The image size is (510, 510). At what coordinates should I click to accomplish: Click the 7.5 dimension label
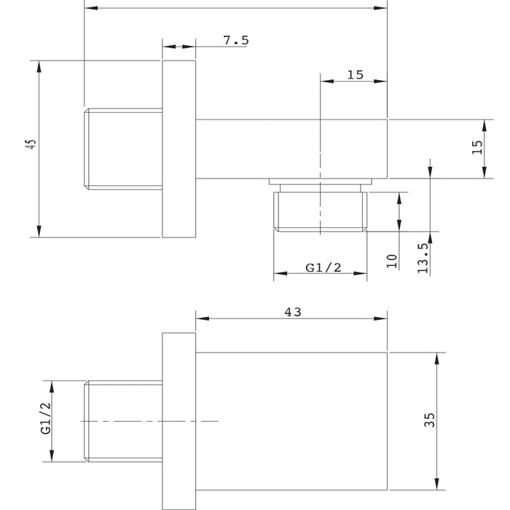pyautogui.click(x=236, y=40)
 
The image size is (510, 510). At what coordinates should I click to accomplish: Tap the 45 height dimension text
pyautogui.click(x=31, y=144)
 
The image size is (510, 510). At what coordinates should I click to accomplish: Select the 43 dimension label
pyautogui.click(x=293, y=313)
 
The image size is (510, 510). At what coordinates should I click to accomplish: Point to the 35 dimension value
pyautogui.click(x=429, y=420)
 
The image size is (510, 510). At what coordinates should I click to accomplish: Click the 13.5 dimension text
pyautogui.click(x=423, y=259)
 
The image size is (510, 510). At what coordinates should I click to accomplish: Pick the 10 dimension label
pyautogui.click(x=392, y=261)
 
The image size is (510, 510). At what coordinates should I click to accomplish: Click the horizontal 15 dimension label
pyautogui.click(x=356, y=75)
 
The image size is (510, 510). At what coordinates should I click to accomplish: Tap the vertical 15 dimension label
pyautogui.click(x=477, y=147)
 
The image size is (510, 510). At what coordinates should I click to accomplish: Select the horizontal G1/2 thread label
pyautogui.click(x=323, y=267)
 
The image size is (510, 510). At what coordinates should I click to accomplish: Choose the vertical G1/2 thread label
pyautogui.click(x=46, y=418)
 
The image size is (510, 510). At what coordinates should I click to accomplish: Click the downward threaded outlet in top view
pyautogui.click(x=321, y=211)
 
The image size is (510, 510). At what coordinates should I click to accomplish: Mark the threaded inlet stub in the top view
pyautogui.click(x=123, y=149)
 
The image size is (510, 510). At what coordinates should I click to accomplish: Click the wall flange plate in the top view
pyautogui.click(x=179, y=149)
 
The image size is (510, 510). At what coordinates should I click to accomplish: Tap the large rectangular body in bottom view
pyautogui.click(x=291, y=421)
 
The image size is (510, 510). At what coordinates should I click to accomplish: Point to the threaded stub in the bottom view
pyautogui.click(x=123, y=421)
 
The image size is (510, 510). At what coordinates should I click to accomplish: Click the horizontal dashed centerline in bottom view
pyautogui.click(x=149, y=422)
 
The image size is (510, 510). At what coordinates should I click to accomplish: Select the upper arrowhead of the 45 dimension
pyautogui.click(x=39, y=67)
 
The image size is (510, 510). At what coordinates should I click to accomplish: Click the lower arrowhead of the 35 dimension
pyautogui.click(x=437, y=484)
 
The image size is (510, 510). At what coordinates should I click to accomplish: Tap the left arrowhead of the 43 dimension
pyautogui.click(x=203, y=318)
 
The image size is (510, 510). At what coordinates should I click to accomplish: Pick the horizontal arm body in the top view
pyautogui.click(x=291, y=149)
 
